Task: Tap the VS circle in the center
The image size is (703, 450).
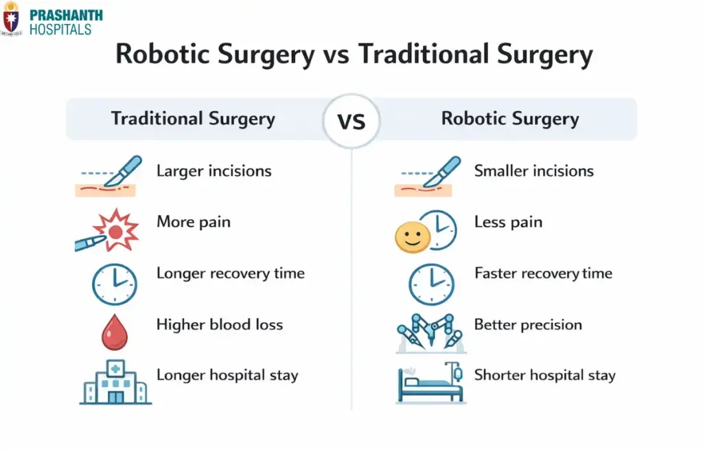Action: coord(351,122)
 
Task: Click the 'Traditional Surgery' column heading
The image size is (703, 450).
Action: coord(193,119)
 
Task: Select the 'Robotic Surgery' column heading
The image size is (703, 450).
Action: coord(510,119)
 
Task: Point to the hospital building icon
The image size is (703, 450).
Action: coord(114,382)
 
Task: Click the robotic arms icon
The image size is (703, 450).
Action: coord(430,333)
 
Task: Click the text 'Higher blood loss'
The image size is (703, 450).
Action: coord(220,324)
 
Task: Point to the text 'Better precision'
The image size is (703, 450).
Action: coord(528,324)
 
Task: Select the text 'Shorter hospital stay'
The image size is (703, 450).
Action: coord(544,376)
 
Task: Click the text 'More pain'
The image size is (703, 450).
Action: coord(193,222)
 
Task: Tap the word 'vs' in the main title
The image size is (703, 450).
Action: coord(337,54)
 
